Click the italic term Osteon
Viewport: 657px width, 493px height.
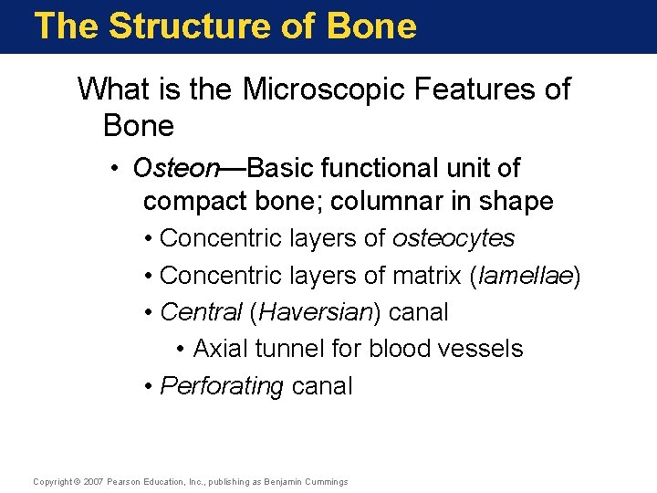coord(176,168)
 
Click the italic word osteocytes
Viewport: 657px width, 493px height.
coord(454,238)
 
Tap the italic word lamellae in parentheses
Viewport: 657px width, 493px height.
coord(524,276)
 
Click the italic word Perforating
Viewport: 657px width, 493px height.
coord(222,386)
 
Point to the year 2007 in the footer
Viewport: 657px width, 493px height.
coord(92,482)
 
